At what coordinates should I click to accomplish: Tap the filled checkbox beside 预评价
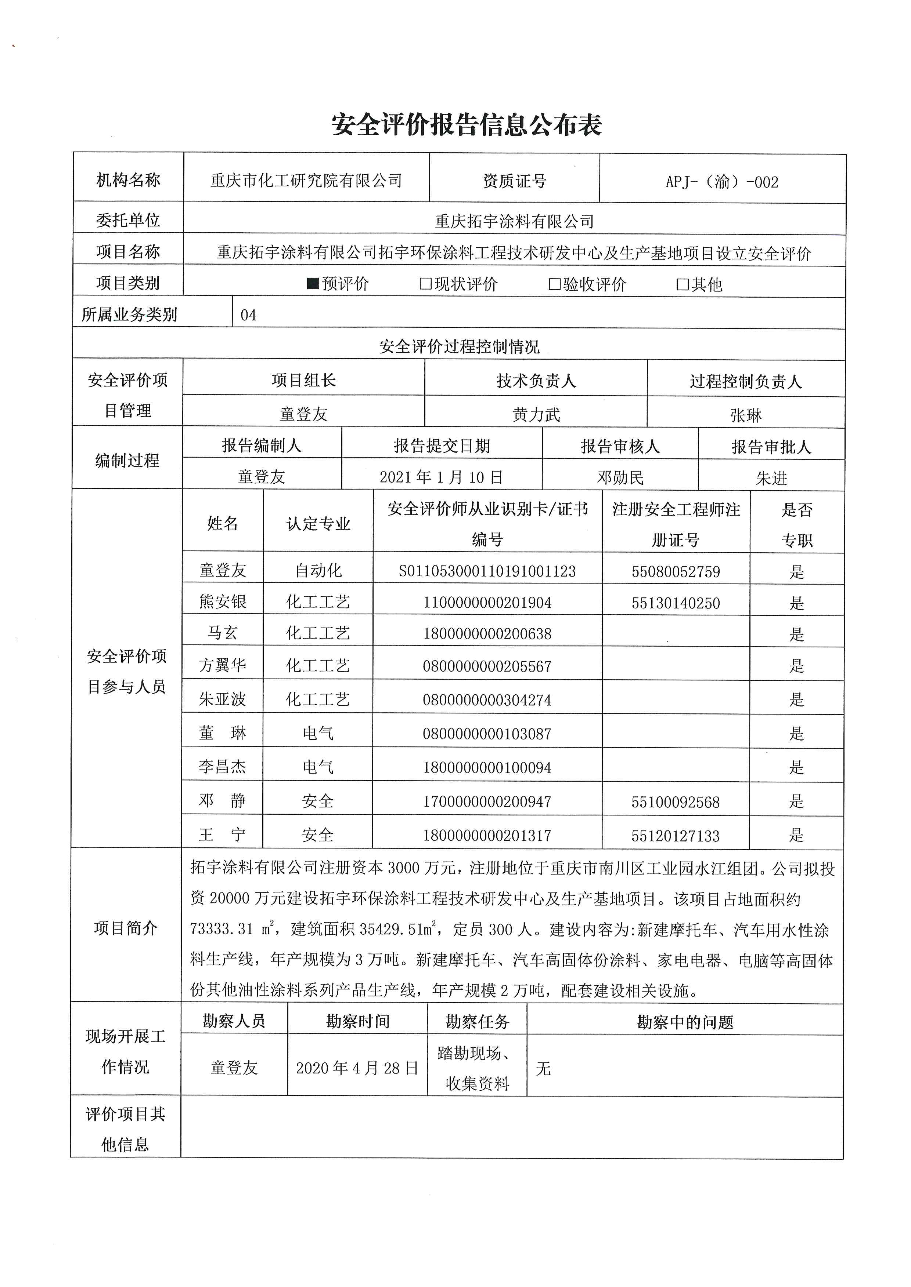(313, 284)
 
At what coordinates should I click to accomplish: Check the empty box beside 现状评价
(426, 284)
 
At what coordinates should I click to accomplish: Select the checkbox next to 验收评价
(554, 284)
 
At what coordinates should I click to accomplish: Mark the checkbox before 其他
(683, 284)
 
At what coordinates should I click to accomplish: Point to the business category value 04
(249, 315)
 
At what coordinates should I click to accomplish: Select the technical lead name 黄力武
(536, 415)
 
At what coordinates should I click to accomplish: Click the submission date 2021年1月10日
(442, 477)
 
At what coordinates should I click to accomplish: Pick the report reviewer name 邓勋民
(620, 477)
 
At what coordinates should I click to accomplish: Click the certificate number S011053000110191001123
(487, 571)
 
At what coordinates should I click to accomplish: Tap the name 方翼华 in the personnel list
(223, 665)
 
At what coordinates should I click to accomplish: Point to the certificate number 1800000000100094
(487, 767)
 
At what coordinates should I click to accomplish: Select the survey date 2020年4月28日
(357, 1068)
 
